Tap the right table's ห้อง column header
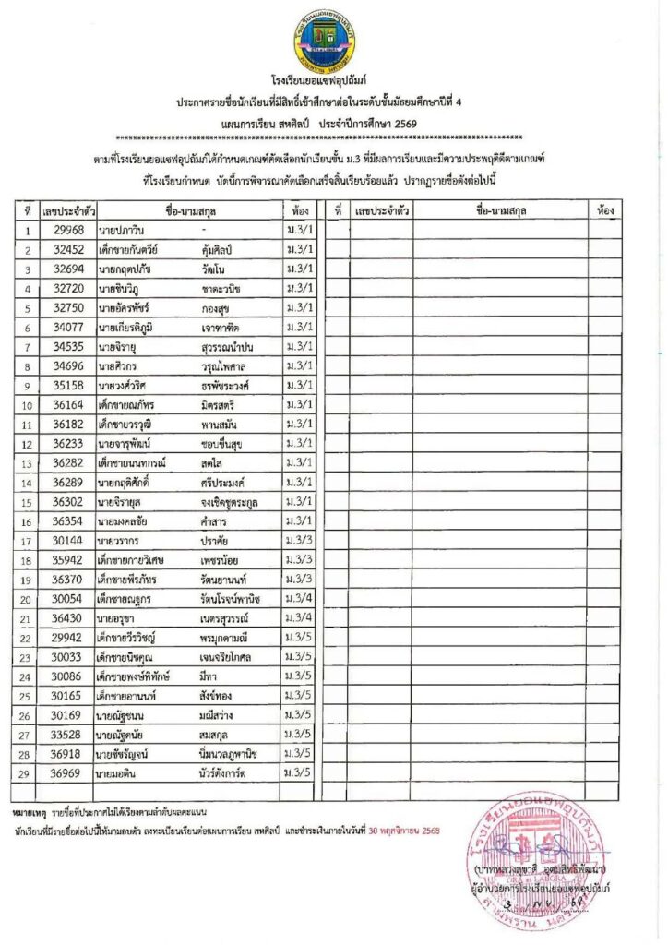606,211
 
